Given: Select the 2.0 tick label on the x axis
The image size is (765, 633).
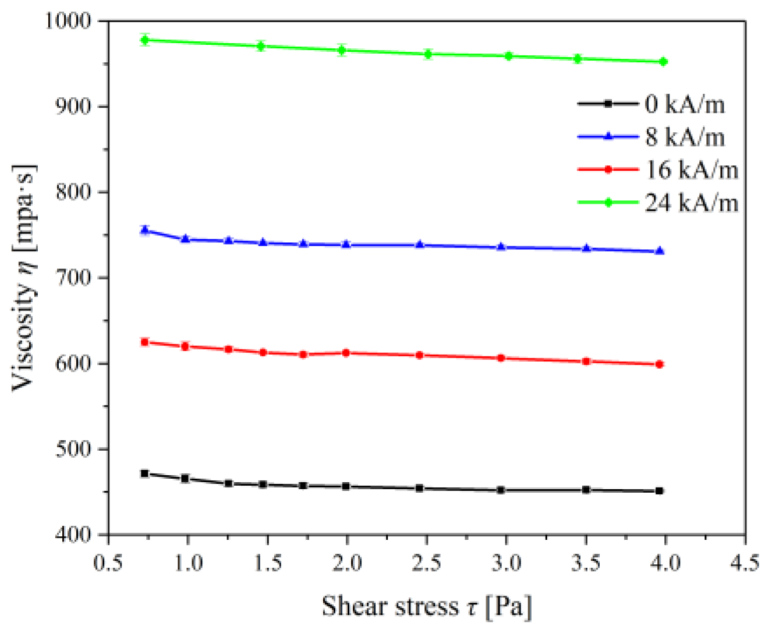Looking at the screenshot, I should tap(347, 563).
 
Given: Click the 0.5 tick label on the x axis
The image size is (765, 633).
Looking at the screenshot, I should tap(109, 563).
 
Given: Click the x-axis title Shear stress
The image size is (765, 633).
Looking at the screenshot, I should tap(426, 606).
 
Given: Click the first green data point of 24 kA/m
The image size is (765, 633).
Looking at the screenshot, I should tap(145, 40).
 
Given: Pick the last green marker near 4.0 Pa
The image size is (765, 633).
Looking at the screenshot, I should tap(663, 62).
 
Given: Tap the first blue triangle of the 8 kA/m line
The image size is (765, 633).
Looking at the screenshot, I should tap(145, 231).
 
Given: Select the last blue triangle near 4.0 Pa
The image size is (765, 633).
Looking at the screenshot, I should tap(660, 251).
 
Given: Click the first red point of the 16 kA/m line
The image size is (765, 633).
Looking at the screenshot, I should tap(145, 342).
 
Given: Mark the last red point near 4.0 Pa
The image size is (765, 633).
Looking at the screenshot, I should tap(660, 365).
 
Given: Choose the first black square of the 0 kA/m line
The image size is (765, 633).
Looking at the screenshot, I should tap(145, 473).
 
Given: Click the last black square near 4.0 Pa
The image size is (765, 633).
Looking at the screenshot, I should tap(660, 491).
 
